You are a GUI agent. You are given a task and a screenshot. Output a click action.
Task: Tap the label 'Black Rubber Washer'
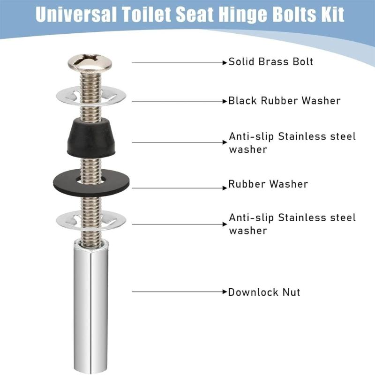coord(284,101)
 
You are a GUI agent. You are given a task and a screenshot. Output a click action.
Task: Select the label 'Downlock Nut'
coord(264,292)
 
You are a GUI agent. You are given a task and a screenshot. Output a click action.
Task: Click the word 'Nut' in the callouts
coord(290,292)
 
